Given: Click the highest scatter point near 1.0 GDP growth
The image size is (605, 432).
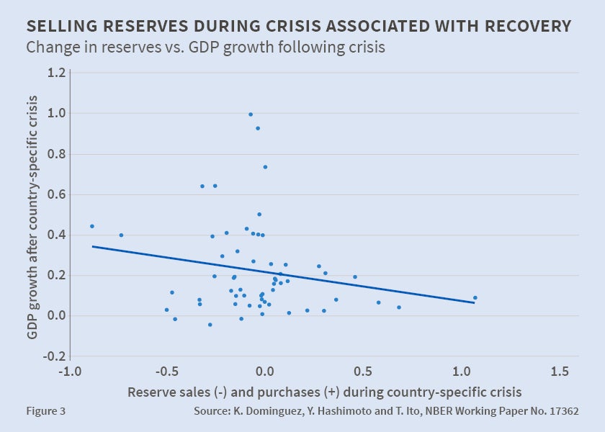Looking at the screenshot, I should click(251, 114).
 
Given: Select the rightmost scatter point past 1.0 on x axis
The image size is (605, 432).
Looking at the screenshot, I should click(475, 298).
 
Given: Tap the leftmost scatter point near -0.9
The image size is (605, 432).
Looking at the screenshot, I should click(92, 226).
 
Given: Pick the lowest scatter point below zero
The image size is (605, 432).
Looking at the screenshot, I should click(210, 325).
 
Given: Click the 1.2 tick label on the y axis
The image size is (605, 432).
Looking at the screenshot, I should click(57, 73).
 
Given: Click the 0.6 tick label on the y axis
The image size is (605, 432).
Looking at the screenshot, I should click(57, 194).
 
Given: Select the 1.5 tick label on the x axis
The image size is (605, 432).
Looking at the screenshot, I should click(559, 372).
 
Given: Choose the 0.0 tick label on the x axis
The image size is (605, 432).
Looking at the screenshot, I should click(265, 372).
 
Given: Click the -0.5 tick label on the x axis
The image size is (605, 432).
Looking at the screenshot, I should click(167, 372).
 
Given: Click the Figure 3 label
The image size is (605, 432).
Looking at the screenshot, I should click(45, 412).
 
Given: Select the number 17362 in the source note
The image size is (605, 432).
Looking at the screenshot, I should click(562, 412).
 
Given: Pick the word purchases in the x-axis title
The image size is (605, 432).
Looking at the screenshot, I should click(271, 392).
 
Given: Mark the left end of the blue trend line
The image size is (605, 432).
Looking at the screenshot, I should click(93, 246).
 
